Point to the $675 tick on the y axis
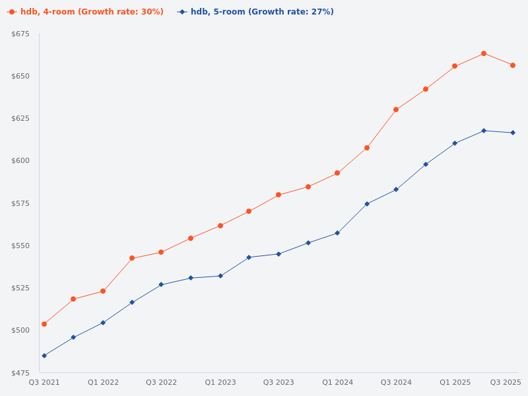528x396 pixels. click(x=20, y=34)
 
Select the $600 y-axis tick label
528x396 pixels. click(x=20, y=161)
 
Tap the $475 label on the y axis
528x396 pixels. click(x=20, y=373)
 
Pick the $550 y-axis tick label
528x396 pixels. click(x=20, y=246)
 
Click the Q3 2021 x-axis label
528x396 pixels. click(x=44, y=383)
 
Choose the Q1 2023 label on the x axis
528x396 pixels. click(x=220, y=383)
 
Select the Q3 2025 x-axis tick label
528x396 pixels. click(x=506, y=383)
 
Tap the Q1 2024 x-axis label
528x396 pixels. click(x=337, y=383)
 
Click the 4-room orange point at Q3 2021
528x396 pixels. click(x=44, y=324)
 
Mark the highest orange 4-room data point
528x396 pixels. click(x=484, y=53)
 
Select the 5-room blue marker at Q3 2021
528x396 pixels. click(x=44, y=356)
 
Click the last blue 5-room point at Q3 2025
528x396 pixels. click(x=513, y=133)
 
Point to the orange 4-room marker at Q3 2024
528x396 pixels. click(x=396, y=110)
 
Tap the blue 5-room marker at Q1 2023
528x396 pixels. click(x=220, y=276)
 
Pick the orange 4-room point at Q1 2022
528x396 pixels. click(x=103, y=291)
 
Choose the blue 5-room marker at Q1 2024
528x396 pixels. click(x=337, y=233)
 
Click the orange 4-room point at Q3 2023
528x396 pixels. click(x=279, y=195)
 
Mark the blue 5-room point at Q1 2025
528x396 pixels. click(x=455, y=143)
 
